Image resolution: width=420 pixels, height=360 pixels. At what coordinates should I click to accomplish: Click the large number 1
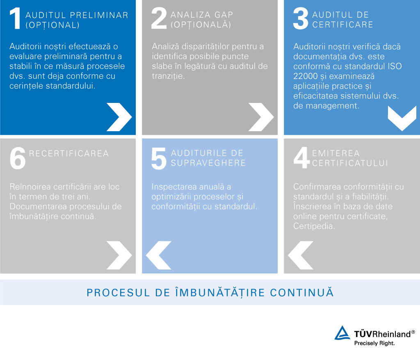tap(15, 19)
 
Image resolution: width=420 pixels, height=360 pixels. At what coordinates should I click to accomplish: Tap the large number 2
tap(159, 19)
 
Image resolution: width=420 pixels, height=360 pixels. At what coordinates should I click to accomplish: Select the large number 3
tap(301, 19)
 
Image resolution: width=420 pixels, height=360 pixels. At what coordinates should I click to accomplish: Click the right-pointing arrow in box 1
tap(119, 117)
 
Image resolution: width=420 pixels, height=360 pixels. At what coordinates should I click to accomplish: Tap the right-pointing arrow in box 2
tap(261, 117)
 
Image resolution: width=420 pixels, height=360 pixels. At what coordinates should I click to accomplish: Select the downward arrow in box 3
tap(402, 118)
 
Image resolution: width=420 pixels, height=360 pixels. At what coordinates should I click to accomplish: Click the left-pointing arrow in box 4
tap(301, 255)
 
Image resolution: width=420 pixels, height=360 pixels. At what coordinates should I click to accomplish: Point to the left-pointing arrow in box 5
tap(159, 255)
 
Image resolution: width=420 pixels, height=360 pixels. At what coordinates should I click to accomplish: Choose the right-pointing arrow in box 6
tap(119, 255)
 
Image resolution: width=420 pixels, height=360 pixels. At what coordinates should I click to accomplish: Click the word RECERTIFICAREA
tap(69, 154)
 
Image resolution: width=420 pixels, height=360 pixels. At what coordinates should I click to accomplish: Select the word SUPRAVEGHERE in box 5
tap(208, 163)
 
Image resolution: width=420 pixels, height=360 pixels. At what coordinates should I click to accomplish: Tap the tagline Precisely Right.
tap(374, 343)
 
